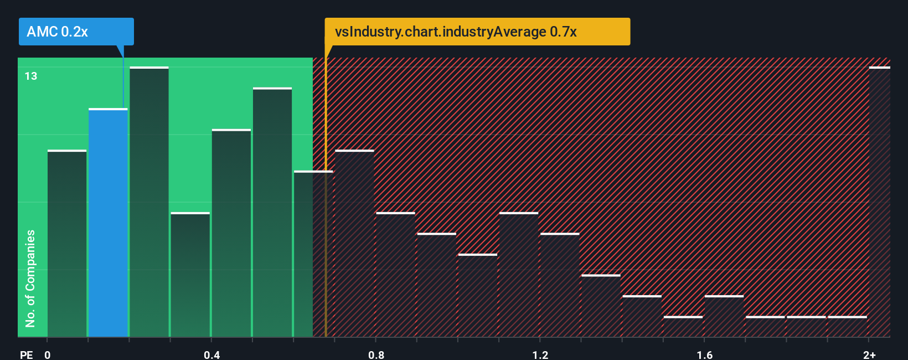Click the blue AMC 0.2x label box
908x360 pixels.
point(76,32)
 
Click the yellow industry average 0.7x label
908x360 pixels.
point(477,32)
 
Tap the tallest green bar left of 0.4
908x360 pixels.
point(149,202)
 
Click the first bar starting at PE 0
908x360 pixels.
point(67,244)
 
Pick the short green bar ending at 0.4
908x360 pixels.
point(190,275)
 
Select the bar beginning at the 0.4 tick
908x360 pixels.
point(231,233)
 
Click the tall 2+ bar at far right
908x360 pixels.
point(879,202)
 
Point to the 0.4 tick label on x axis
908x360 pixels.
point(211,354)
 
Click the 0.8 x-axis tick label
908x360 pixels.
point(376,354)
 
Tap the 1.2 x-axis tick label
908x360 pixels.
point(540,354)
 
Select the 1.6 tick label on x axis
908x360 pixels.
point(704,354)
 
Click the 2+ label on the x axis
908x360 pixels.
point(869,354)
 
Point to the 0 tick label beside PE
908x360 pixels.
point(48,354)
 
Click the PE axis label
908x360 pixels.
point(26,354)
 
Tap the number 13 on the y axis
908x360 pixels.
point(31,76)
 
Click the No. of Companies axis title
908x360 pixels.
point(30,278)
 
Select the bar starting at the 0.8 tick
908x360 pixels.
point(395,275)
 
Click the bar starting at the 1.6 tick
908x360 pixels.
point(724,316)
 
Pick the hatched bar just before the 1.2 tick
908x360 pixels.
point(518,275)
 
